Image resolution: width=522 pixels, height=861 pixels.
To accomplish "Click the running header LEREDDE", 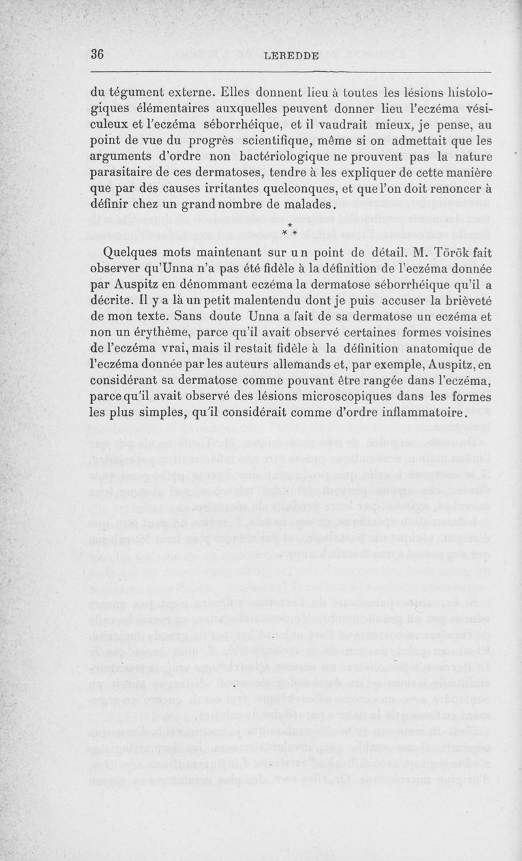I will pyautogui.click(x=292, y=56).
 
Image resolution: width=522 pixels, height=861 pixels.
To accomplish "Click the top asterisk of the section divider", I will pyautogui.click(x=289, y=225).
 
